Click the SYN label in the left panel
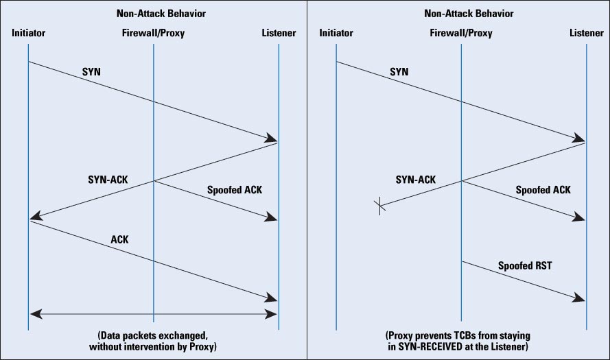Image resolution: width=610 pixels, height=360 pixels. (x=91, y=71)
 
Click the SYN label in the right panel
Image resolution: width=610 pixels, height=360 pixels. (x=399, y=71)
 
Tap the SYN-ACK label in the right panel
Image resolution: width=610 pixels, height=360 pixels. (x=416, y=180)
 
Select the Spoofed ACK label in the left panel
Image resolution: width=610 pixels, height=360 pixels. (x=235, y=189)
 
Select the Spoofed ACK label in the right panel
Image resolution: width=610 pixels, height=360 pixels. (x=543, y=189)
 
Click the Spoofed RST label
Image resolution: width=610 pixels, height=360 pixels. (x=525, y=265)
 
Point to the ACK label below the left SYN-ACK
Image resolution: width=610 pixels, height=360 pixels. (x=119, y=239)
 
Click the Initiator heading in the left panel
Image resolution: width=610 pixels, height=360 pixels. (x=28, y=33)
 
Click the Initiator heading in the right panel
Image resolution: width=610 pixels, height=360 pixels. (x=336, y=33)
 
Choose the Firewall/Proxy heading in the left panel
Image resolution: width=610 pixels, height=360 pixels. (x=153, y=33)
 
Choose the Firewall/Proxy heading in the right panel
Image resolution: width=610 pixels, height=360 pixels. (x=461, y=33)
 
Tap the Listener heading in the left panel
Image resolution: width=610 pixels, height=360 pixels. (x=279, y=33)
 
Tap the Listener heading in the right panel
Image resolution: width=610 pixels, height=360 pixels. (x=586, y=33)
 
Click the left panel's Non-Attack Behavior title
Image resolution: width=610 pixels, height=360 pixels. (x=153, y=13)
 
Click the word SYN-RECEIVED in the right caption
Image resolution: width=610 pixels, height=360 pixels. (x=438, y=347)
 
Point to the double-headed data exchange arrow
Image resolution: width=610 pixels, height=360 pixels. (x=153, y=315)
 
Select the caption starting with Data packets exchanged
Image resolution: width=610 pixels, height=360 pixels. (x=153, y=341)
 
